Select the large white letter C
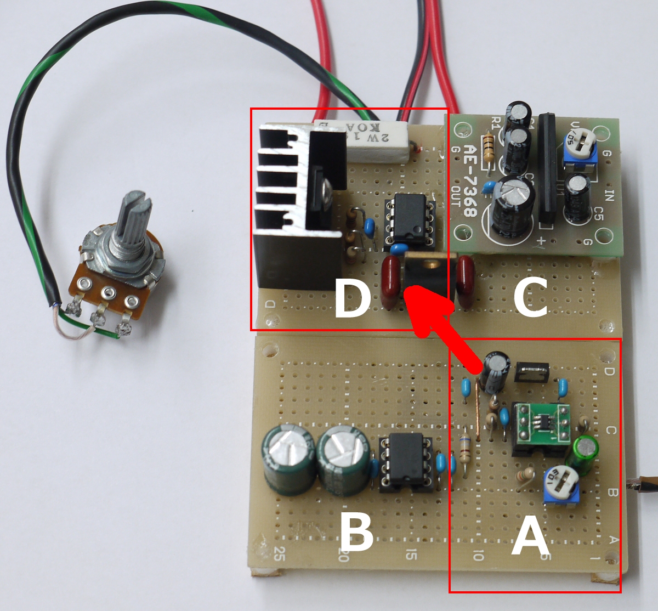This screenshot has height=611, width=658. point(530,298)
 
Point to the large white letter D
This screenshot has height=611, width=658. point(351,298)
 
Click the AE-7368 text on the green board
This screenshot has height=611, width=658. point(470,178)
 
